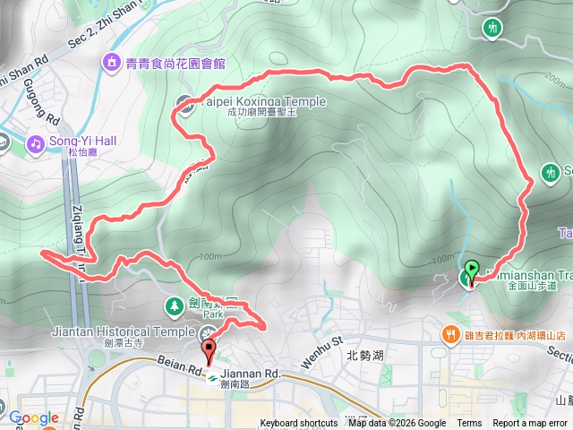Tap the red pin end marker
210,349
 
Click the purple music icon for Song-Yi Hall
35,142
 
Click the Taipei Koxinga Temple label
261,102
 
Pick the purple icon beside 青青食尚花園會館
112,63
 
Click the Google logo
33,417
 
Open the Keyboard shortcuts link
300,423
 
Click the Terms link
469,423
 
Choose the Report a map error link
530,423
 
